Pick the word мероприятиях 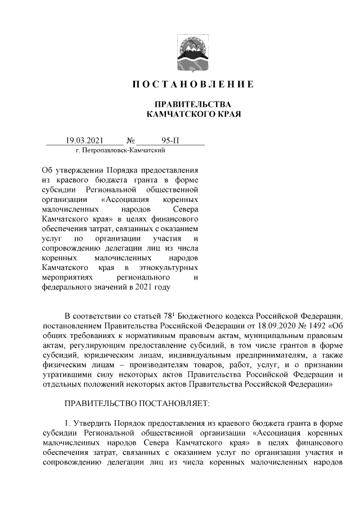tap(66, 277)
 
